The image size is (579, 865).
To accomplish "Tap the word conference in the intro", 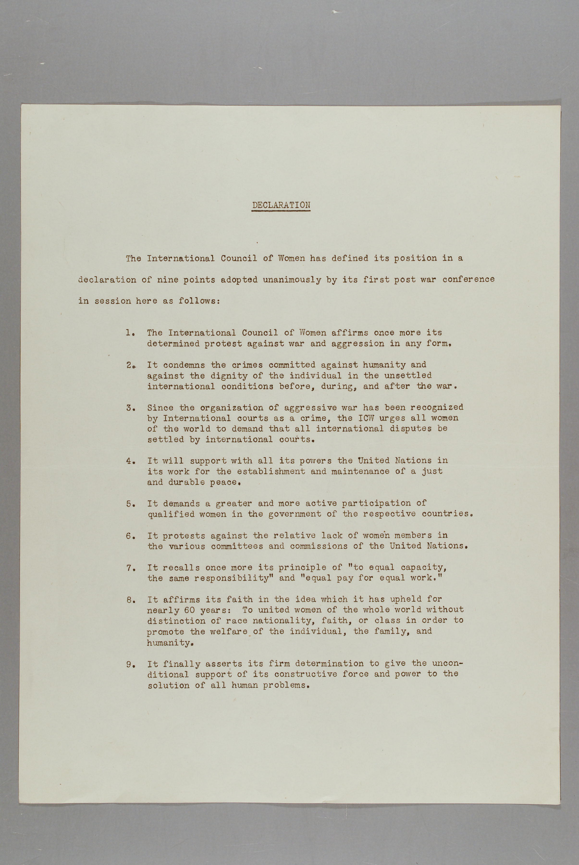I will [x=468, y=279].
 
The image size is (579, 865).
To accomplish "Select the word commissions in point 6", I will [x=319, y=546].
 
